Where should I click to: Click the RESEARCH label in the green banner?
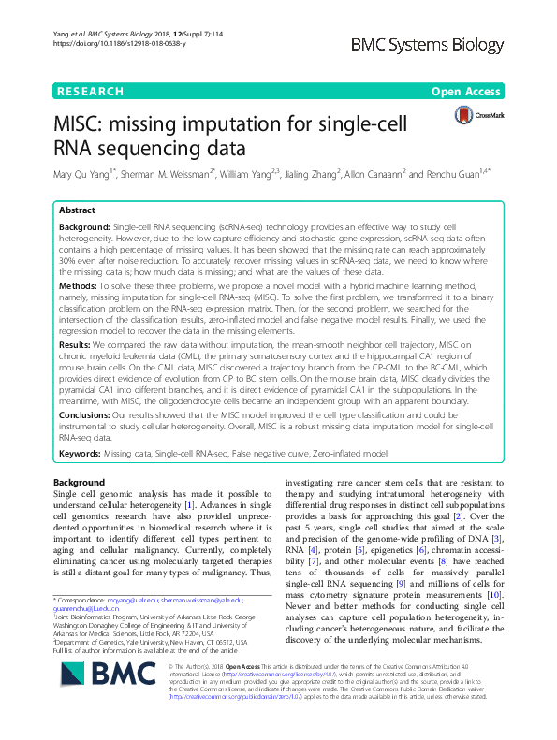(91, 92)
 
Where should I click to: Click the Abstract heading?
(78, 211)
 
